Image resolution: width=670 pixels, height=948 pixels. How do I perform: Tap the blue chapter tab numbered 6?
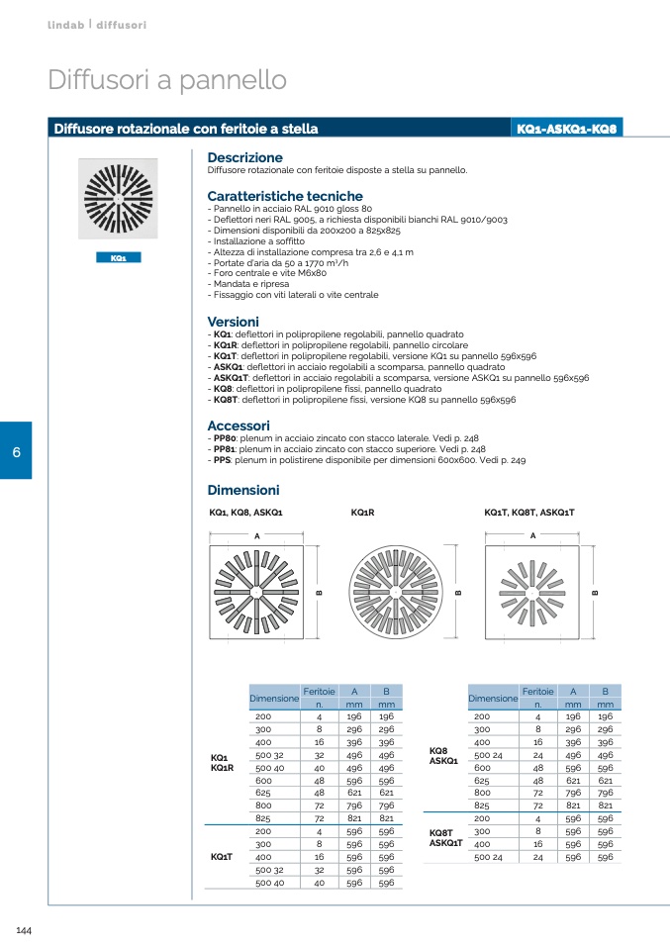pyautogui.click(x=16, y=452)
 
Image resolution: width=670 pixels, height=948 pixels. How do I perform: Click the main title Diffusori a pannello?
pyautogui.click(x=167, y=80)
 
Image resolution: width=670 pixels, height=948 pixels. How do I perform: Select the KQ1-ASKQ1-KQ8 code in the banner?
pyautogui.click(x=567, y=129)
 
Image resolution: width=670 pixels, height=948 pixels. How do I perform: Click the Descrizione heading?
pyautogui.click(x=244, y=157)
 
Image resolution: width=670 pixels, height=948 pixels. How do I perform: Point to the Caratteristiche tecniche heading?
pyautogui.click(x=285, y=196)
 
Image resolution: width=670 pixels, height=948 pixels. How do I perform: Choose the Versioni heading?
pyautogui.click(x=233, y=322)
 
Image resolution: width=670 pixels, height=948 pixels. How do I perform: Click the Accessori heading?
pyautogui.click(x=239, y=426)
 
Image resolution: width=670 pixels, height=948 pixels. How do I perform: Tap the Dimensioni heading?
pyautogui.click(x=242, y=490)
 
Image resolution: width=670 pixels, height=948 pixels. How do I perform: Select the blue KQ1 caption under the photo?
pyautogui.click(x=118, y=257)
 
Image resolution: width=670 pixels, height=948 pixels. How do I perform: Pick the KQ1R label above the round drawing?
pyautogui.click(x=362, y=513)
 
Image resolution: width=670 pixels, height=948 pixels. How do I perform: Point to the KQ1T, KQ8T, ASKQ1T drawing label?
pyautogui.click(x=528, y=513)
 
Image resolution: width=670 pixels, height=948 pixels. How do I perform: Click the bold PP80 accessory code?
pyautogui.click(x=224, y=437)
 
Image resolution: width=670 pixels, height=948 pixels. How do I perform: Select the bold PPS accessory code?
pyautogui.click(x=222, y=460)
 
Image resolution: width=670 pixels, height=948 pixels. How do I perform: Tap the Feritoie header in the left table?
pyautogui.click(x=319, y=691)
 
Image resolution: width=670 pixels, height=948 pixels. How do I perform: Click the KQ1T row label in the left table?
pyautogui.click(x=222, y=856)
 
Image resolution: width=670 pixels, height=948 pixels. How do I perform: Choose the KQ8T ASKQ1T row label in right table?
pyautogui.click(x=445, y=838)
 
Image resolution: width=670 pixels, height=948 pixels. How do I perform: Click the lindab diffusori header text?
pyautogui.click(x=97, y=24)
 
